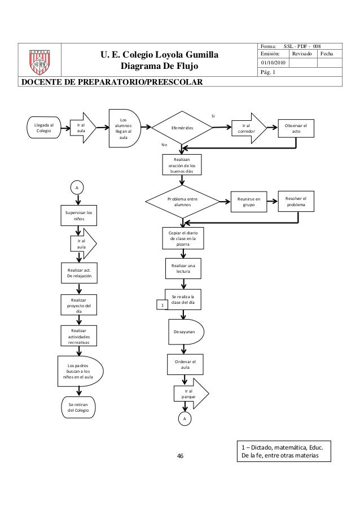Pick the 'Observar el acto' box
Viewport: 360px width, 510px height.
(296, 129)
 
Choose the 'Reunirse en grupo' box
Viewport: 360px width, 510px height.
(249, 202)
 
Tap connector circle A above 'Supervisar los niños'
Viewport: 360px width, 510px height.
(77, 187)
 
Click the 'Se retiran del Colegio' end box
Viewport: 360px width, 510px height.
(78, 407)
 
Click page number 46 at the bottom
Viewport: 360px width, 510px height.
(181, 456)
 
